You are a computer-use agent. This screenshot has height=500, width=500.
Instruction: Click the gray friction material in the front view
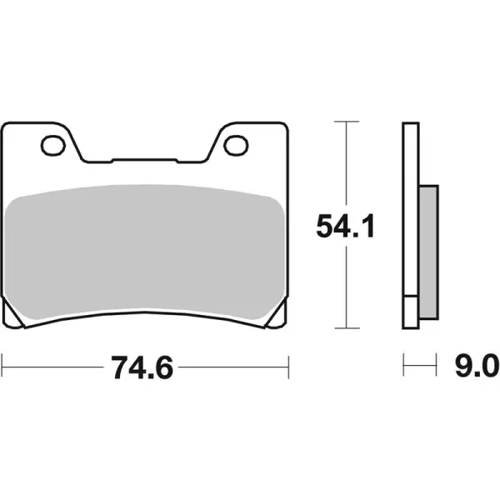coord(144,250)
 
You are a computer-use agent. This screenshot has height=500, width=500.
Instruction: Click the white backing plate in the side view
coord(409,225)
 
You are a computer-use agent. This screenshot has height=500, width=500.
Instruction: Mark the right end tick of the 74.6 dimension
coord(287,364)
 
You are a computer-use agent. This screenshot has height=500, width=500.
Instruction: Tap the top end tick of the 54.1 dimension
coord(345,122)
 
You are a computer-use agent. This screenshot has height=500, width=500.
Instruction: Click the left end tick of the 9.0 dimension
coord(403,364)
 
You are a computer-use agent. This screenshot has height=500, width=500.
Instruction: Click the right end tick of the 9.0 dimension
coord(436,364)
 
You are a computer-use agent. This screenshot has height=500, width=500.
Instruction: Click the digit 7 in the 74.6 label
coord(116,364)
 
